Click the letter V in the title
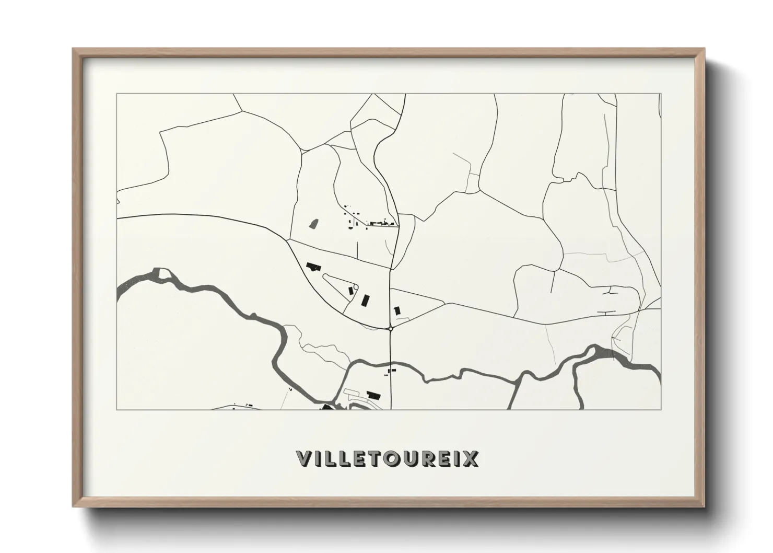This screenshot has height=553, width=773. pos(304,458)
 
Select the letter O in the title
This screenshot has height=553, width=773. pos(395,458)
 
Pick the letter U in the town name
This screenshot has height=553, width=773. pos(414,458)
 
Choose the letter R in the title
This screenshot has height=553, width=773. pos(431,458)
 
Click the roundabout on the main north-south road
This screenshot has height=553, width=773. pos(391,328)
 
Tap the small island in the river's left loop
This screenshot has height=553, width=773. pos(165,274)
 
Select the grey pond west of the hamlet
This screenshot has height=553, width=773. pos(313,224)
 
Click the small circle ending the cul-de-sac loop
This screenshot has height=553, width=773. pos(356,286)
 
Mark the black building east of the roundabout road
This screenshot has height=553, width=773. pos(397,310)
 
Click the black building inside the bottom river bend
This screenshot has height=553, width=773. pos(373,394)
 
